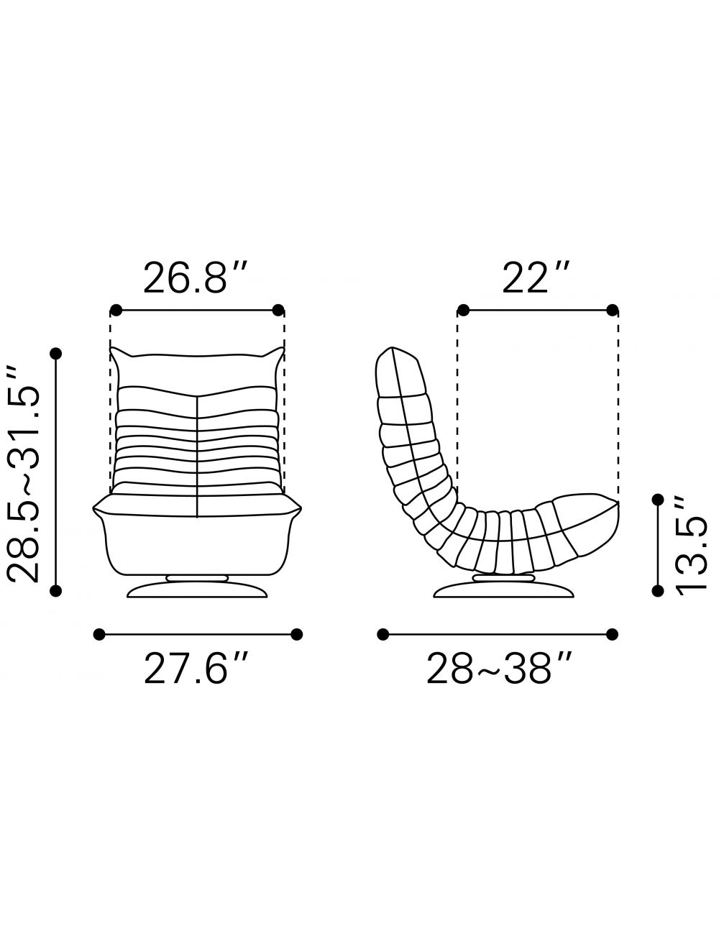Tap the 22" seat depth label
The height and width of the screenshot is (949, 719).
[536, 278]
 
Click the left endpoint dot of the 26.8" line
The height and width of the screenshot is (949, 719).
[116, 310]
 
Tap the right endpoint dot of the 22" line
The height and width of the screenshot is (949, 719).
[612, 310]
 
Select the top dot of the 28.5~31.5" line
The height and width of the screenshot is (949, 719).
[56, 354]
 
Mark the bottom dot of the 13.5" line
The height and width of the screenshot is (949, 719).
[658, 591]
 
